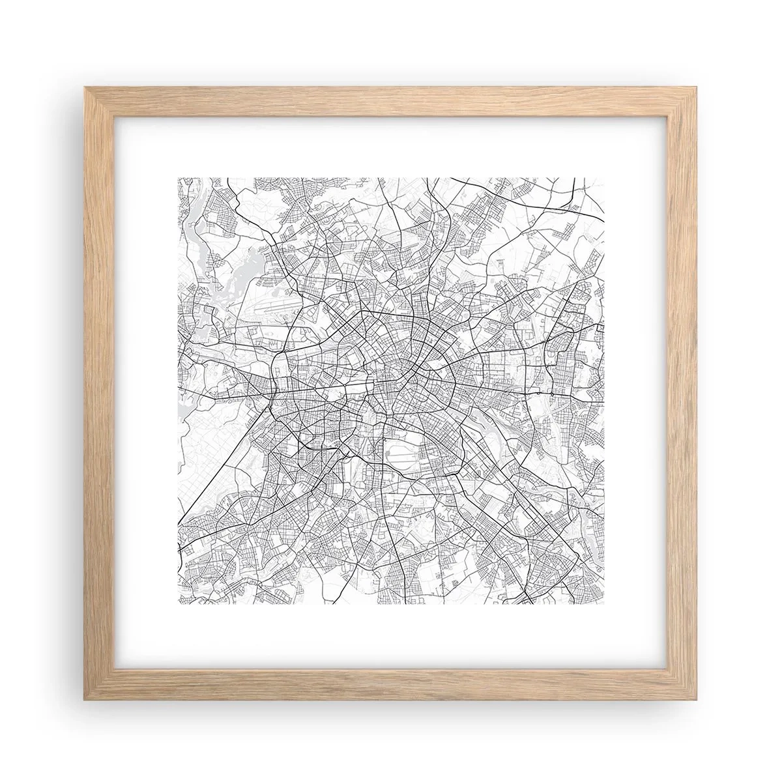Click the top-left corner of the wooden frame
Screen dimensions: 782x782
pyautogui.click(x=85, y=86)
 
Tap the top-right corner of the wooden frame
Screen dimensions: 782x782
pyautogui.click(x=697, y=86)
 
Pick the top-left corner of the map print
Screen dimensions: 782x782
pyautogui.click(x=179, y=179)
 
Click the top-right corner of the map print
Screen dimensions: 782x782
pyautogui.click(x=604, y=179)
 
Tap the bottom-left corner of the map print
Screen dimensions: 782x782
pyautogui.click(x=179, y=604)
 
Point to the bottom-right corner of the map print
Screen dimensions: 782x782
pyautogui.click(x=604, y=604)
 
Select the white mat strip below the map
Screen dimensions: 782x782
pyautogui.click(x=391, y=639)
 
